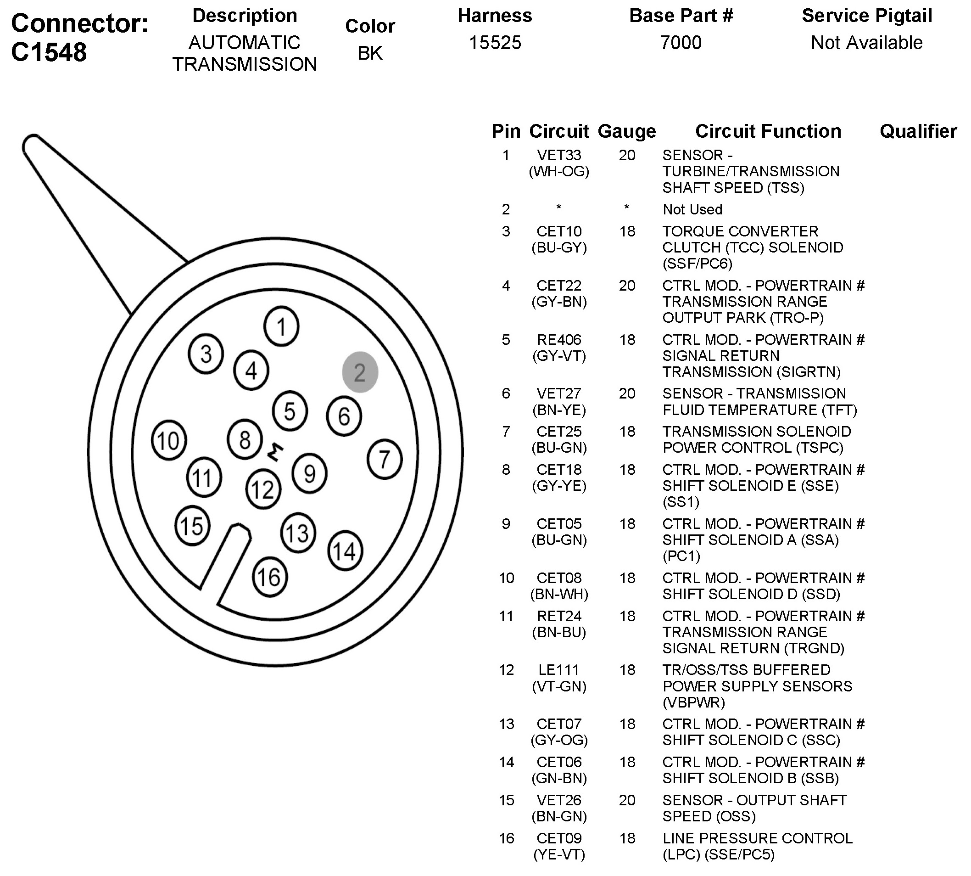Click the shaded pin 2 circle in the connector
pyautogui.click(x=360, y=372)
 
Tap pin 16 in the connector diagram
pyautogui.click(x=269, y=577)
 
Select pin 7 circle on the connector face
pyautogui.click(x=385, y=459)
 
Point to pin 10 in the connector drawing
pyautogui.click(x=168, y=440)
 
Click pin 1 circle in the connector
pyautogui.click(x=281, y=326)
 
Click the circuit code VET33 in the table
pyautogui.click(x=558, y=155)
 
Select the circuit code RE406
pyautogui.click(x=558, y=340)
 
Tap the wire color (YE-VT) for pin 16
pyautogui.click(x=559, y=854)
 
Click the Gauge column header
pyautogui.click(x=626, y=131)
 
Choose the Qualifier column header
pyautogui.click(x=918, y=131)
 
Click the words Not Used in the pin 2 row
pyautogui.click(x=692, y=209)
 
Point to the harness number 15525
pyautogui.click(x=495, y=42)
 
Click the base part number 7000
pyautogui.click(x=681, y=42)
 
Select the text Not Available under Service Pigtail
pyautogui.click(x=866, y=42)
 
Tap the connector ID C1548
pyautogui.click(x=49, y=52)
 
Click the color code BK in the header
pyautogui.click(x=369, y=53)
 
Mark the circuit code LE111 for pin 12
pyautogui.click(x=558, y=670)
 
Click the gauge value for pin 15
pyautogui.click(x=627, y=800)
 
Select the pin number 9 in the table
pyautogui.click(x=506, y=524)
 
